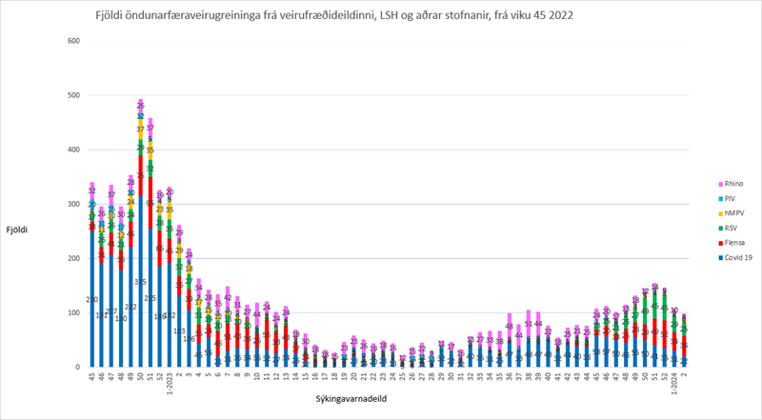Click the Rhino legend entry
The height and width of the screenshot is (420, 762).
(x=733, y=183)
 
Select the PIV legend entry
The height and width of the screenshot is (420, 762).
(x=732, y=199)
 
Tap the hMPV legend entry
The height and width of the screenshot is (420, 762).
(x=734, y=215)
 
